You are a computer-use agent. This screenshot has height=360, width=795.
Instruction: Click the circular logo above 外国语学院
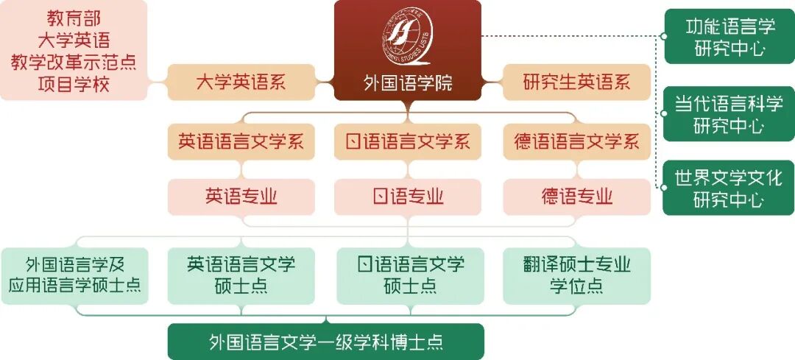click(408, 38)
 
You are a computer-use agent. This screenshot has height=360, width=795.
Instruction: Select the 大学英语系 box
click(241, 82)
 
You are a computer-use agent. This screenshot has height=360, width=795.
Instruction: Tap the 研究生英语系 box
click(576, 82)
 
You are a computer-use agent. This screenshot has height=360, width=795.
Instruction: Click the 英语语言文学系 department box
click(241, 141)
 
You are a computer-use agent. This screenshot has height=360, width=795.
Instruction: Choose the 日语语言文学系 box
click(408, 141)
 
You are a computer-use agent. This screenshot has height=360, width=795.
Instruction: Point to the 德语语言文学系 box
click(576, 141)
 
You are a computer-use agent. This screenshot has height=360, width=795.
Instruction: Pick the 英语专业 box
click(241, 197)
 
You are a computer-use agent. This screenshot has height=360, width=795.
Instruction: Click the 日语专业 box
click(408, 197)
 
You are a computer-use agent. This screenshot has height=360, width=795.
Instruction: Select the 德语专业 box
click(576, 197)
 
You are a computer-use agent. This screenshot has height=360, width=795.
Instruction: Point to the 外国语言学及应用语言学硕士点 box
click(74, 275)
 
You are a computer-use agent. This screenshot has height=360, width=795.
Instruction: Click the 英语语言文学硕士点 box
click(241, 275)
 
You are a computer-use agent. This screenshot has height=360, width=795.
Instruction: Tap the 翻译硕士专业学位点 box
click(576, 275)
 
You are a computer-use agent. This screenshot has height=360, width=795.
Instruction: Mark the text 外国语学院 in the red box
click(408, 83)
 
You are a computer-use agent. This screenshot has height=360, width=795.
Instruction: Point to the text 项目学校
click(74, 85)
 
